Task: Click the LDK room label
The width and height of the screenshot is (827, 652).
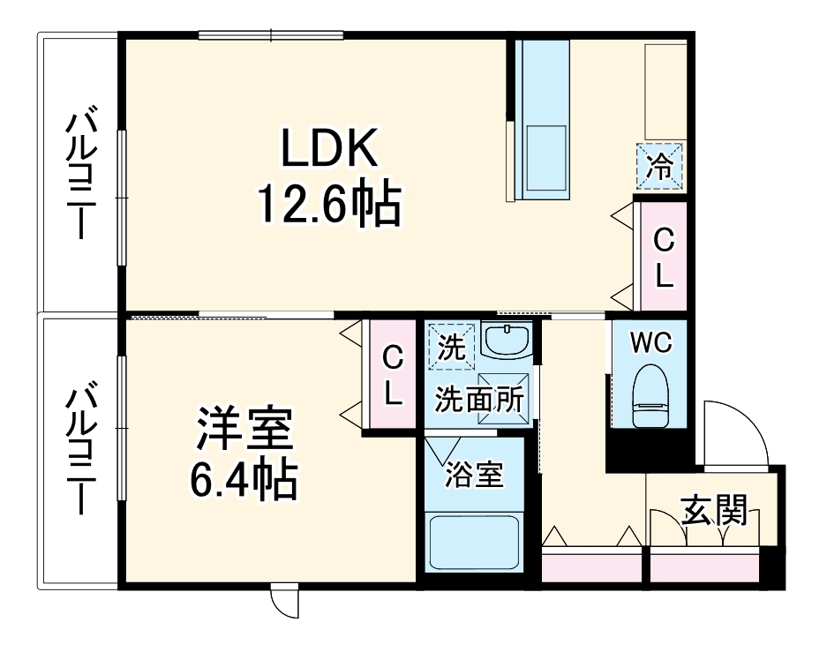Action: tap(329, 151)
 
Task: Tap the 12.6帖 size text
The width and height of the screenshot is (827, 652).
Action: tap(328, 204)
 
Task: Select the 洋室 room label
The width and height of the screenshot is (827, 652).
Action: tap(244, 430)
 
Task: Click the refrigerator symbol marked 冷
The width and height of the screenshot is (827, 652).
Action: tap(660, 166)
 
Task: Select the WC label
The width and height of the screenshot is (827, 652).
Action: tap(652, 342)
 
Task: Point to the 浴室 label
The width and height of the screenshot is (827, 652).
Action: tap(474, 475)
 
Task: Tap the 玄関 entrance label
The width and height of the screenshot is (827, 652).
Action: tap(714, 510)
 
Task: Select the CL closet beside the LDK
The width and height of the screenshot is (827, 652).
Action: tap(663, 258)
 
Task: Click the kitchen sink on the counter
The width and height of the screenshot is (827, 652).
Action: tap(544, 155)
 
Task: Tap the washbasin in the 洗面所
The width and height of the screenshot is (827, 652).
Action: tap(507, 341)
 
